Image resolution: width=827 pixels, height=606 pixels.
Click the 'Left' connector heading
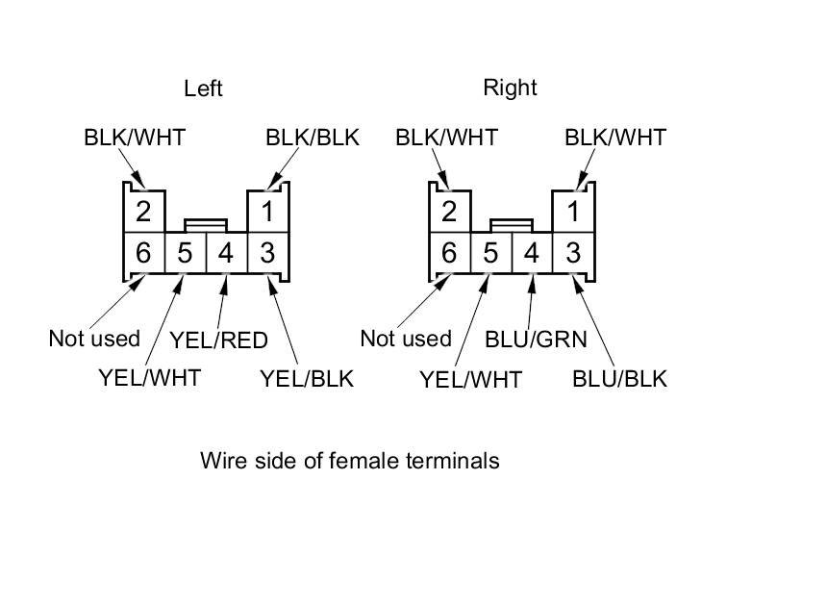coord(203,89)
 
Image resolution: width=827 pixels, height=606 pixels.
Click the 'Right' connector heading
coord(510,88)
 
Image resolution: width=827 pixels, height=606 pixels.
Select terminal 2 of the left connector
coord(143,210)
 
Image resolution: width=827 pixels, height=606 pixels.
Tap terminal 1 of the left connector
coord(267,210)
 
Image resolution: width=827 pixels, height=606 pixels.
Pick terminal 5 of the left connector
coord(185,253)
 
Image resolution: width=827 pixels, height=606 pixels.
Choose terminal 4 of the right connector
coord(531,253)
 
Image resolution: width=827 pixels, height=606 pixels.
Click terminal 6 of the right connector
coord(448,253)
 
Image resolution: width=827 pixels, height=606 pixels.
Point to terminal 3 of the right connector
coord(573,253)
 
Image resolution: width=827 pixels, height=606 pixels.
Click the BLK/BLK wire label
coord(313,138)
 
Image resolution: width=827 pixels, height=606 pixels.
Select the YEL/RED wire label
coord(218,340)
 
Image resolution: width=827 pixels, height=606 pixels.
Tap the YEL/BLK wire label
coord(307,379)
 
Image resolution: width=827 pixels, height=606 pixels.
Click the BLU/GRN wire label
coord(536,340)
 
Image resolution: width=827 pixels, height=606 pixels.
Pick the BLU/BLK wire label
coord(619,379)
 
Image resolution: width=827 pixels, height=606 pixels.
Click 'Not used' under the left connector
coord(94,339)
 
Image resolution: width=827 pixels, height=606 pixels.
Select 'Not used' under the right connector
coord(406,339)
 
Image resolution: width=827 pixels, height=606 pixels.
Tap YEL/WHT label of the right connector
coord(470,380)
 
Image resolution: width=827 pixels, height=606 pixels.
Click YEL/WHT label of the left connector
coord(149,377)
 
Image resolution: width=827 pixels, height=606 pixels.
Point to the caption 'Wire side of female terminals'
coord(350,461)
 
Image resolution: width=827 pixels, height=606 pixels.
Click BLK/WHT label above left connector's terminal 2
coord(135,138)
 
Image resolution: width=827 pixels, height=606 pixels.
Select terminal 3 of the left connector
coord(267,253)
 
